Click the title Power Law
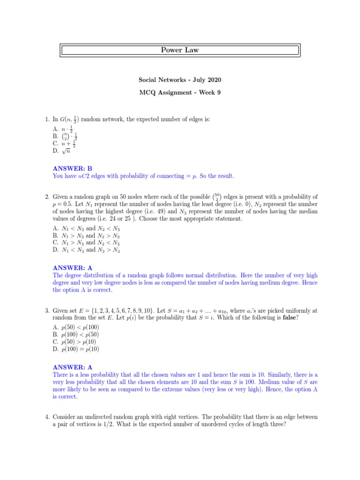(x=180, y=50)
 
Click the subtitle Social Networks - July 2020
(x=180, y=81)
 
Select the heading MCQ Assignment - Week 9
(x=180, y=92)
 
